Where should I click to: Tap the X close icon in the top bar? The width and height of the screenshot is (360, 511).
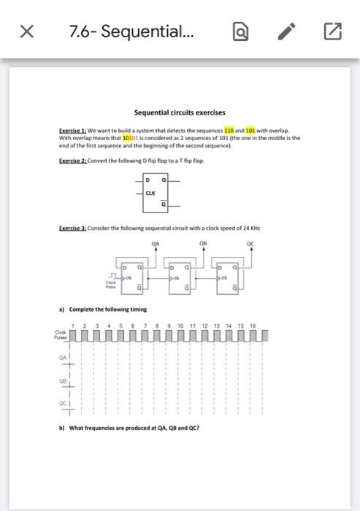tap(26, 31)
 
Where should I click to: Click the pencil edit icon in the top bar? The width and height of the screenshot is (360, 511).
tap(287, 31)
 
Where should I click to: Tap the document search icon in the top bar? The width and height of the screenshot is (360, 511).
tap(240, 31)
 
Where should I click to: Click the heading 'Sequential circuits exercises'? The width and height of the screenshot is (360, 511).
tap(180, 112)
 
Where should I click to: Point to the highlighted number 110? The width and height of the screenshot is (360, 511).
tap(228, 129)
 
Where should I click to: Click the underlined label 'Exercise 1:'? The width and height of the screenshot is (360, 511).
tap(72, 129)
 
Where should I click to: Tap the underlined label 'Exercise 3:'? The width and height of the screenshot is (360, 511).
tap(72, 228)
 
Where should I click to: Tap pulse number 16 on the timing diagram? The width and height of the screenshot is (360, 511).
tap(253, 326)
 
